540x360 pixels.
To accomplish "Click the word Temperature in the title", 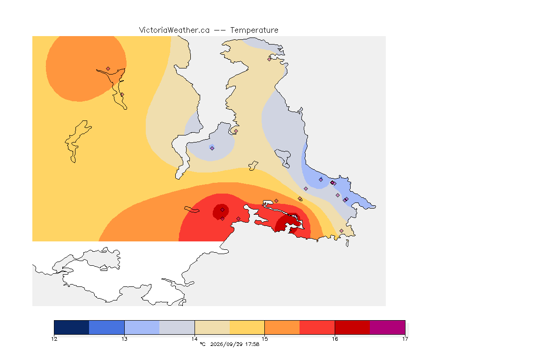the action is click(x=254, y=30).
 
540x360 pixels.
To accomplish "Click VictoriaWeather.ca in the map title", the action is click(x=174, y=30).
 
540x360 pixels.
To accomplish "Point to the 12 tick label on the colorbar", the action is click(x=54, y=339).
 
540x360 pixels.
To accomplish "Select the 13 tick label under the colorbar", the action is click(x=124, y=339).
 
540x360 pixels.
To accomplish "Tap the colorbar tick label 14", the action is click(x=195, y=339).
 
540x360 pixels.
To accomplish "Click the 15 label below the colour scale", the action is click(x=264, y=339).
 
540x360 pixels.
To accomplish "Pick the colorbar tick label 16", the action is click(x=335, y=339).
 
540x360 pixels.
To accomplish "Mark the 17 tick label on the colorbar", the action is click(x=405, y=339).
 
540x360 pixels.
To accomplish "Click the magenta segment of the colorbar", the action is click(x=388, y=327).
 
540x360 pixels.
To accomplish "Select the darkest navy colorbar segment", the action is click(x=72, y=327).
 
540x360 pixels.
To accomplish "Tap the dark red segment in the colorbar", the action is click(x=352, y=327).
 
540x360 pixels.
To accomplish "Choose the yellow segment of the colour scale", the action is click(x=247, y=327).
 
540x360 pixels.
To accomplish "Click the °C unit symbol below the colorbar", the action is click(x=202, y=344).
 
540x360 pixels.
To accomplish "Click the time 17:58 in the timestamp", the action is click(x=252, y=344).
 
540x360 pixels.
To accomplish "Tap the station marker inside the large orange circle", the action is click(x=108, y=69).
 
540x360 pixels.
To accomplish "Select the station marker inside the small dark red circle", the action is click(x=223, y=210).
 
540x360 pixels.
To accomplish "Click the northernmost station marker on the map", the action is click(x=270, y=59).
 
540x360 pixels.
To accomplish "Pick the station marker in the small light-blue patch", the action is click(x=212, y=149).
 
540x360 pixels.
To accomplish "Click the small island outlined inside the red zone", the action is click(x=192, y=210).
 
